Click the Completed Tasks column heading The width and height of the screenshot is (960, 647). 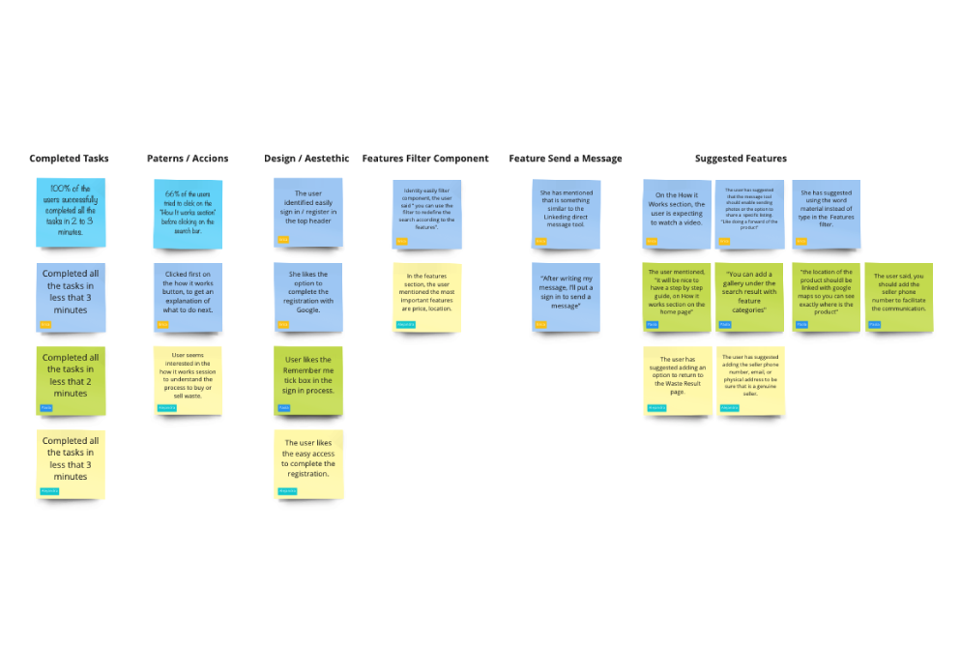pyautogui.click(x=69, y=159)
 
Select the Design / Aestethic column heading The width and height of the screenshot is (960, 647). pyautogui.click(x=306, y=159)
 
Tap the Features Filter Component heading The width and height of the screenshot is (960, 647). pyautogui.click(x=425, y=159)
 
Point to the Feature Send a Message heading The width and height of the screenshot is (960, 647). pyautogui.click(x=566, y=159)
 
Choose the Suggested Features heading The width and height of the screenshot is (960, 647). pyautogui.click(x=741, y=159)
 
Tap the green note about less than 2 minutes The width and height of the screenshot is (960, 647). pyautogui.click(x=71, y=380)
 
